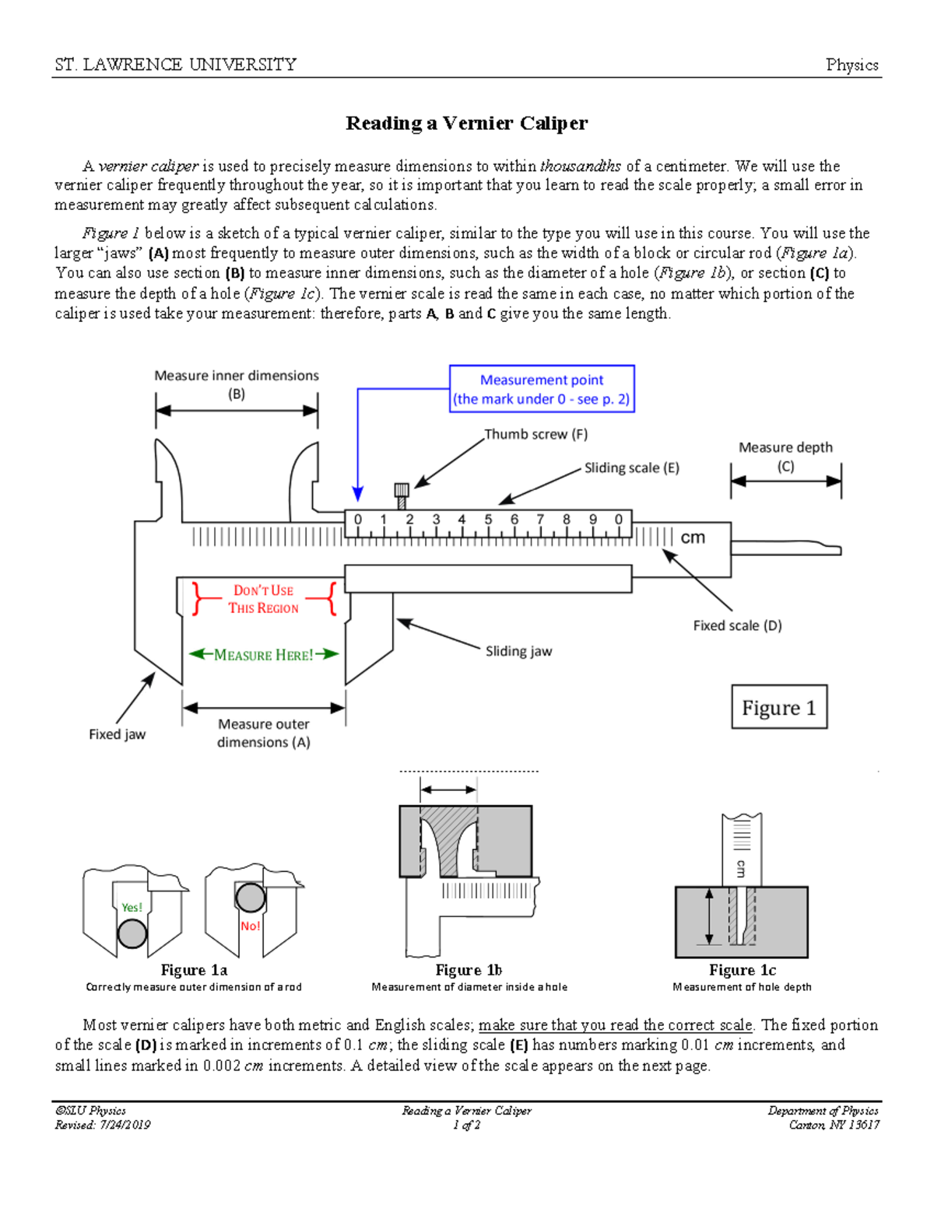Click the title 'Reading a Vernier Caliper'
[x=466, y=123]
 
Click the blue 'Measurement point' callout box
[x=542, y=389]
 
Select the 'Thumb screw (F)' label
[x=535, y=434]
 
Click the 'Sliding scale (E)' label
[x=631, y=467]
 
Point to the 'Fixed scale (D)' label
[x=737, y=625]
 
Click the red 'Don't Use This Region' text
[x=263, y=599]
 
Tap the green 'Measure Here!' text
[x=263, y=655]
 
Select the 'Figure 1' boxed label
[x=778, y=707]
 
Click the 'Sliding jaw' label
[x=518, y=651]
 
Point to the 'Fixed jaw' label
[x=117, y=734]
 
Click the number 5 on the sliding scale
[x=488, y=520]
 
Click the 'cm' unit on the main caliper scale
[x=693, y=537]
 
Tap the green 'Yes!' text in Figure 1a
[x=132, y=907]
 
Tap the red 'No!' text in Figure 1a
[x=250, y=926]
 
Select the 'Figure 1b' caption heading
[x=469, y=970]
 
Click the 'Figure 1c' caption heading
[x=742, y=970]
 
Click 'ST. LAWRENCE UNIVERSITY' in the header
[x=176, y=65]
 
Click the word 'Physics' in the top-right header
[x=851, y=65]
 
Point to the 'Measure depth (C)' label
[x=785, y=457]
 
